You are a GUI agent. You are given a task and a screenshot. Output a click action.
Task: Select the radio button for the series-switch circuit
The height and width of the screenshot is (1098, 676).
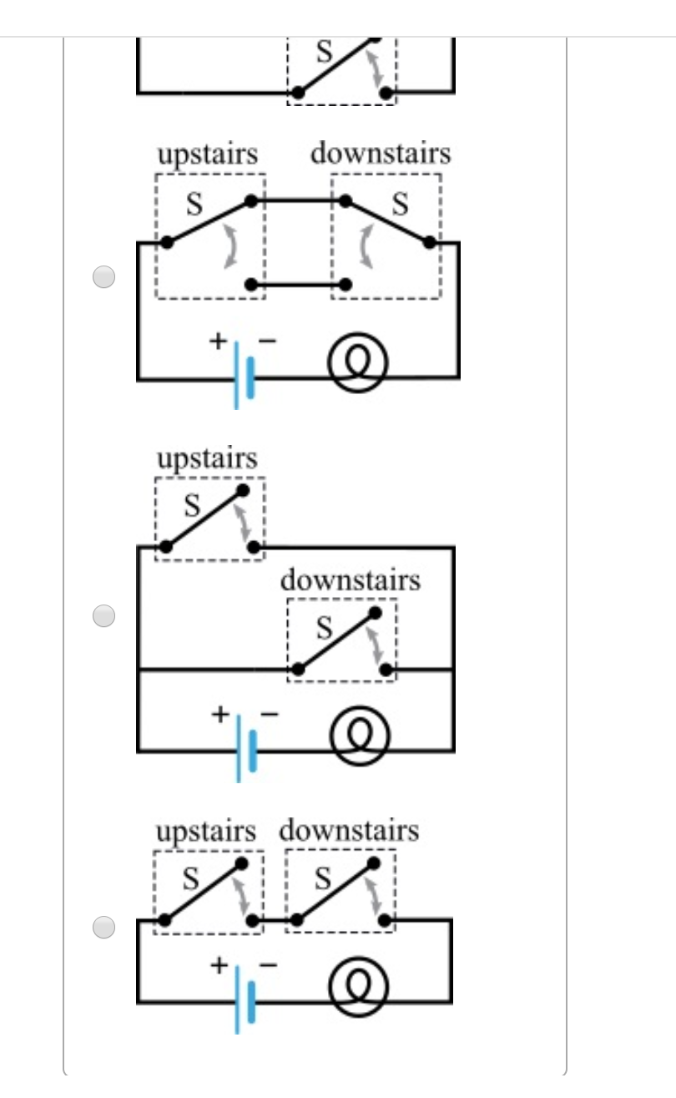click(103, 927)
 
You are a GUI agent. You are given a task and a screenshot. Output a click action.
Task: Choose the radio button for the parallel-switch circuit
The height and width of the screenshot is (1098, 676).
click(103, 616)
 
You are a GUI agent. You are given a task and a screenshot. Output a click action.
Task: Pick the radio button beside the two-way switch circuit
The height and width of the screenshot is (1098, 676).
click(103, 277)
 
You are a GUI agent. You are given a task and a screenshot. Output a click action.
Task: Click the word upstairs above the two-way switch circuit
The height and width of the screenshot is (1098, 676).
click(208, 155)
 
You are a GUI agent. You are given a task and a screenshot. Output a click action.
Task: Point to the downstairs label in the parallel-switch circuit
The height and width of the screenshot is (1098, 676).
click(350, 579)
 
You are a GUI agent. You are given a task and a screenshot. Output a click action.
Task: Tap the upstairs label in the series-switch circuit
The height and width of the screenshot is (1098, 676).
click(206, 832)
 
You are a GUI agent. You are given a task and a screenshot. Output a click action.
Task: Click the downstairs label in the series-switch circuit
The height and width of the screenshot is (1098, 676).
click(349, 832)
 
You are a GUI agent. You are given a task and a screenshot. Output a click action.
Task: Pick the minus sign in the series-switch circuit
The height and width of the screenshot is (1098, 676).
click(269, 964)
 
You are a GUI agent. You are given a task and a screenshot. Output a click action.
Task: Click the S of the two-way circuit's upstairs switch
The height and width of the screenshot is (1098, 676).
click(194, 205)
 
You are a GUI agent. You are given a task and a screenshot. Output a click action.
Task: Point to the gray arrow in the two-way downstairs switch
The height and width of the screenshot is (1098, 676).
click(365, 249)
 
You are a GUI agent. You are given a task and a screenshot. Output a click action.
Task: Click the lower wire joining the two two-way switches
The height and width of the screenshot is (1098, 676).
click(299, 285)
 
